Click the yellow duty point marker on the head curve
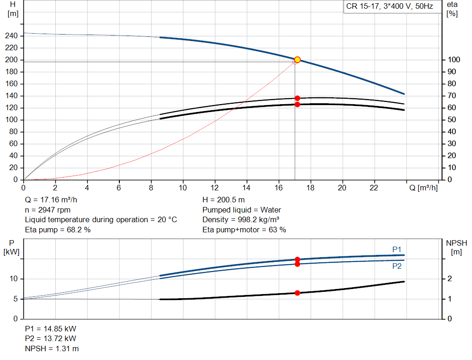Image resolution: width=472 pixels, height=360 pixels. pyautogui.click(x=297, y=59)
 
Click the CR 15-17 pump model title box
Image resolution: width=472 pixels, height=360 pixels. pyautogui.click(x=390, y=6)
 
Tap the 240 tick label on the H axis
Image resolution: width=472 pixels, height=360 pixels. pyautogui.click(x=12, y=36)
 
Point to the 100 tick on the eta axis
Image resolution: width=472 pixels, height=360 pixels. pyautogui.click(x=454, y=59)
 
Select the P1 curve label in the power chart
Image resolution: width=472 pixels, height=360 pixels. pyautogui.click(x=397, y=249)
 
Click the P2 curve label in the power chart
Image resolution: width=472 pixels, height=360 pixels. pyautogui.click(x=397, y=266)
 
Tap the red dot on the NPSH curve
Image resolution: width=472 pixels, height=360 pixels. pyautogui.click(x=297, y=293)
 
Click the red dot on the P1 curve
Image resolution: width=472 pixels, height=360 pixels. pyautogui.click(x=297, y=259)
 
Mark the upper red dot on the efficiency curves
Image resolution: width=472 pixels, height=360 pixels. pyautogui.click(x=297, y=98)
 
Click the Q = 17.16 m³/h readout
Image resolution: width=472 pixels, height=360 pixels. pyautogui.click(x=51, y=200)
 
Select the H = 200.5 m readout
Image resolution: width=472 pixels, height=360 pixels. pyautogui.click(x=224, y=200)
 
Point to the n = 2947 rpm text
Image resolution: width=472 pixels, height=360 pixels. pyautogui.click(x=47, y=210)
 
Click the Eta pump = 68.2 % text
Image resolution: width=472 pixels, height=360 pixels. pyautogui.click(x=58, y=230)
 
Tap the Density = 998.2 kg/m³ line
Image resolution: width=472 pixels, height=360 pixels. pyautogui.click(x=241, y=220)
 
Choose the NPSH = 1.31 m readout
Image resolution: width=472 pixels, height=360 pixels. pyautogui.click(x=52, y=348)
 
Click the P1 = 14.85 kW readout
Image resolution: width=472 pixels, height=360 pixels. pyautogui.click(x=51, y=329)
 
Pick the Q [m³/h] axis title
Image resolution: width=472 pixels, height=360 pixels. pyautogui.click(x=423, y=188)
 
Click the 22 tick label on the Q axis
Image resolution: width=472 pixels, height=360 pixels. pyautogui.click(x=374, y=188)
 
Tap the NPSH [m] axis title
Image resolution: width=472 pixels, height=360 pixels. pyautogui.click(x=456, y=247)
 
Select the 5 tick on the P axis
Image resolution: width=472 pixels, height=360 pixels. pyautogui.click(x=16, y=299)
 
